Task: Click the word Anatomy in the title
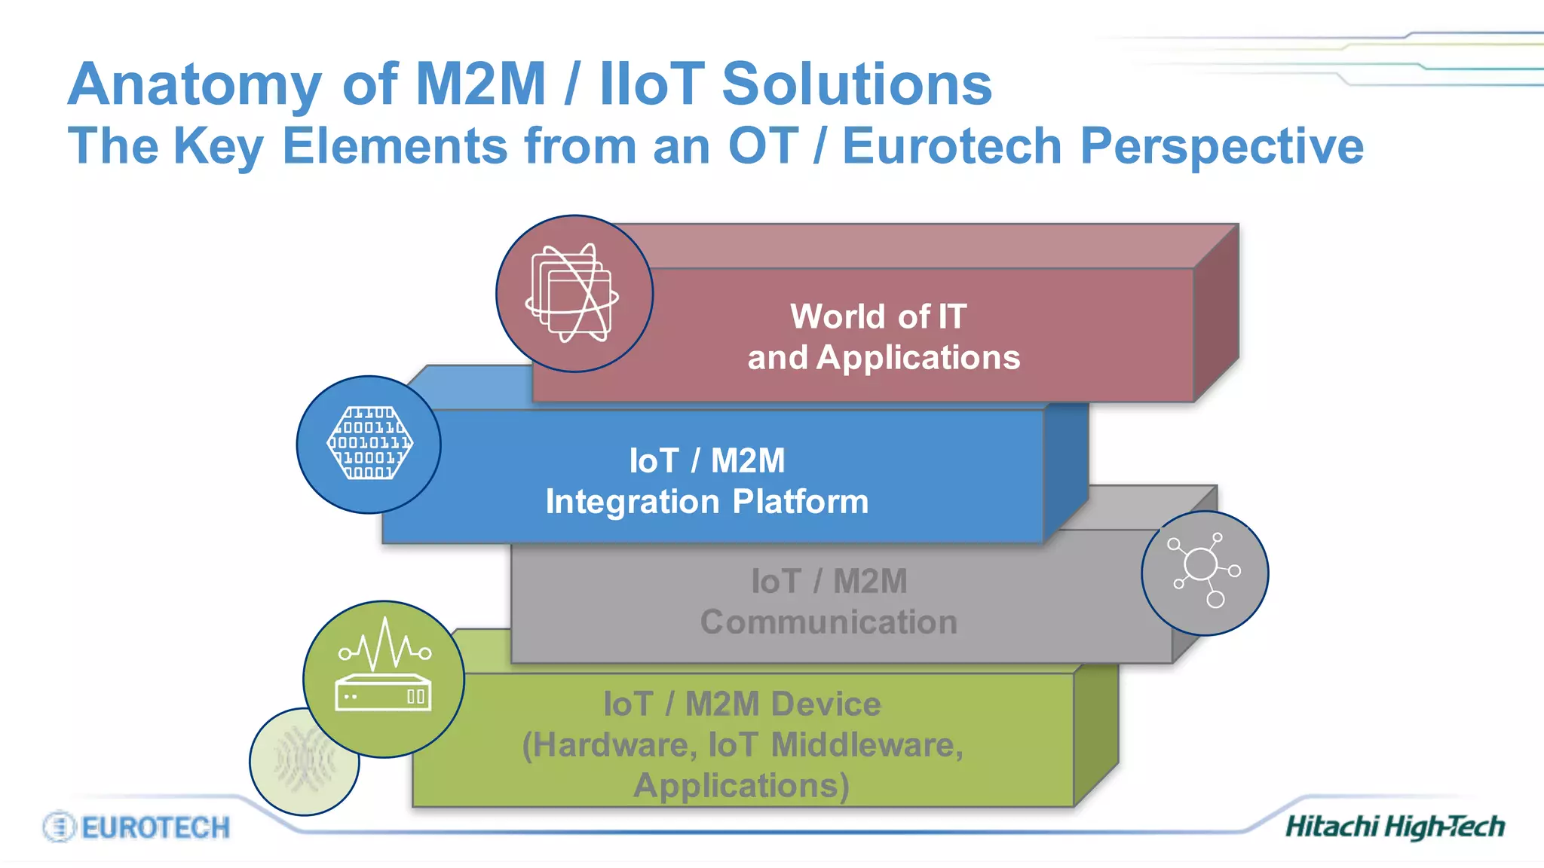point(195,85)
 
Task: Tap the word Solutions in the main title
point(856,84)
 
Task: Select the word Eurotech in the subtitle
point(951,145)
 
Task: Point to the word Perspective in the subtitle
point(1221,147)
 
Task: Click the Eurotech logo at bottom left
point(136,827)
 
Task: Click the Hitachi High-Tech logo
point(1394,827)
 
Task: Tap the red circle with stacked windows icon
point(574,294)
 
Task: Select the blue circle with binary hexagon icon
point(369,445)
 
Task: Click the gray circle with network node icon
point(1204,573)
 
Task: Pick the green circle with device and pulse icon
point(384,679)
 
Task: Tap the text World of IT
point(878,316)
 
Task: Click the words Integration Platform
point(706,502)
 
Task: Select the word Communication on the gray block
point(829,622)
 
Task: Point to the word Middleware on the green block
point(867,745)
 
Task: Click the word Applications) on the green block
point(741,786)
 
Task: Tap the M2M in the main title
point(480,84)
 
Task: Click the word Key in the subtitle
point(219,147)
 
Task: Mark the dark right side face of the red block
point(1216,316)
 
